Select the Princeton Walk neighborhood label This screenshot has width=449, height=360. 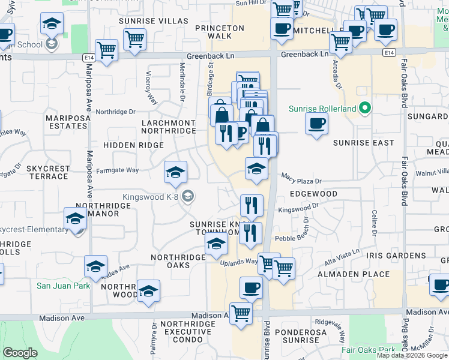point(220,32)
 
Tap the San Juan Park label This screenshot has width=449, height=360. point(63,286)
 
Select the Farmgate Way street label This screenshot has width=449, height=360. point(118,170)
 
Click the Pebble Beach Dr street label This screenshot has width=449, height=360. point(292,238)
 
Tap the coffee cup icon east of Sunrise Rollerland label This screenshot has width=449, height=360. point(316,124)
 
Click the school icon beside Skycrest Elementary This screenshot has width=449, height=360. point(76,218)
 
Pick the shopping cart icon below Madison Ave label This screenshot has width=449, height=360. point(241,312)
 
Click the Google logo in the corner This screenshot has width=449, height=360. point(20,353)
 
